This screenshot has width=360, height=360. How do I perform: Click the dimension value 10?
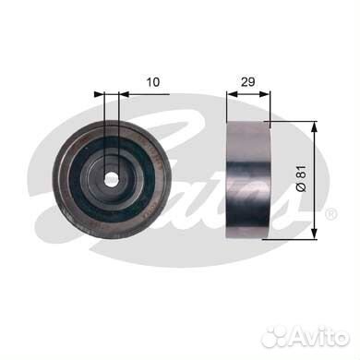tap(153, 82)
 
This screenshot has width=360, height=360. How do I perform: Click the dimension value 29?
tap(247, 82)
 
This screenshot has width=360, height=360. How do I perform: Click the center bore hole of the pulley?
tap(111, 179)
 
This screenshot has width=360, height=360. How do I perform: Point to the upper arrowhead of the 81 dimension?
tap(314, 126)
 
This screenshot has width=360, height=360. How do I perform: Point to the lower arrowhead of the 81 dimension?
tap(314, 233)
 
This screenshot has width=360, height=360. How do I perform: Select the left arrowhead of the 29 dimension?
tap(232, 94)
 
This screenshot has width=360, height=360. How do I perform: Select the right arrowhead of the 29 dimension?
tap(264, 94)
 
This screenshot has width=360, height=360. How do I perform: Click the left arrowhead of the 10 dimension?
tap(100, 94)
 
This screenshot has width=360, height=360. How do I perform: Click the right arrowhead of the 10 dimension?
tap(124, 94)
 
